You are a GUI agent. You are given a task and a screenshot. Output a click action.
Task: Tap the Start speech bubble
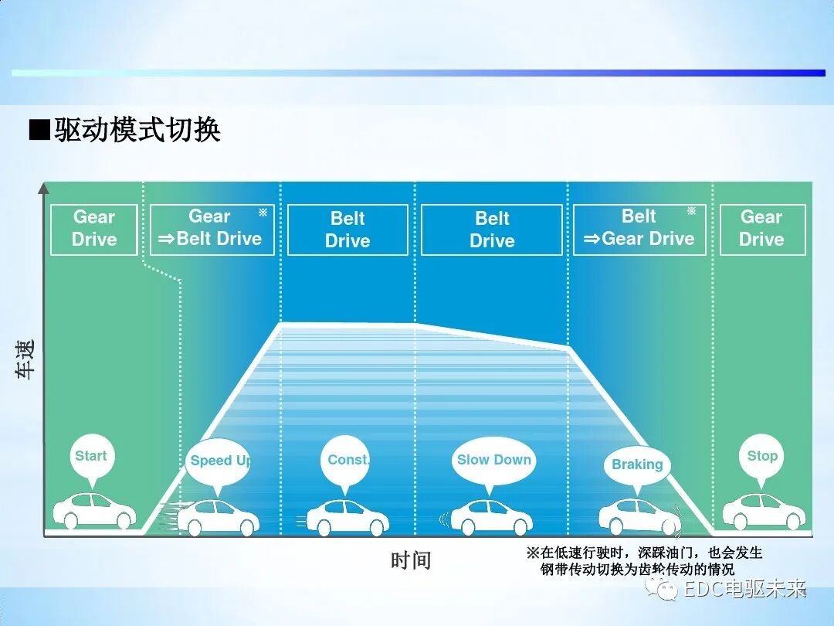[91, 456]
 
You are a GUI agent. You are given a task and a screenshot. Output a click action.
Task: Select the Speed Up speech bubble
[219, 461]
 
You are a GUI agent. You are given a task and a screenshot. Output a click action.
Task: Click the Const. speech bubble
[347, 460]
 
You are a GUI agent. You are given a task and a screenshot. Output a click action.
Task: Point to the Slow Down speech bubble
[493, 461]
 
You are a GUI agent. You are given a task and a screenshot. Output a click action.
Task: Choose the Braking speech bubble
[637, 464]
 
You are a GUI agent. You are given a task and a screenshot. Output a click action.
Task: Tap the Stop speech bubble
[761, 456]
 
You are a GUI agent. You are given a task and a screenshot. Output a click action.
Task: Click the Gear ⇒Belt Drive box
[212, 229]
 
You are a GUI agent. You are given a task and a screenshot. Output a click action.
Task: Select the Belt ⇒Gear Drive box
[639, 229]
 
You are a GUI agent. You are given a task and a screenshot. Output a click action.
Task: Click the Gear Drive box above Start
[94, 229]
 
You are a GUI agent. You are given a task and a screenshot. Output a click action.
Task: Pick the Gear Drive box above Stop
[761, 229]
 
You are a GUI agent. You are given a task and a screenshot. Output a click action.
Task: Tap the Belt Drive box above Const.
[347, 230]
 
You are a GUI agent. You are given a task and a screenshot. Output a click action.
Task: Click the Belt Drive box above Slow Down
[492, 230]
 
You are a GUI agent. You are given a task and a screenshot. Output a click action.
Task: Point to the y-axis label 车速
[25, 359]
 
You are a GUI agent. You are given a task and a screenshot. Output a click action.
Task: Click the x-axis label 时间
[410, 560]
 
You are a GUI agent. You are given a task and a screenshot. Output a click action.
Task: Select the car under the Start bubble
[94, 510]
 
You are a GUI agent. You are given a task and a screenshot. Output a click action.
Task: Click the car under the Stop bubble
[763, 510]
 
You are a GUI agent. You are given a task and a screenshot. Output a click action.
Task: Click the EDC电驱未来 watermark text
[744, 590]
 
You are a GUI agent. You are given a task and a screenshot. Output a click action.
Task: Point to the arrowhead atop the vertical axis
[44, 187]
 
